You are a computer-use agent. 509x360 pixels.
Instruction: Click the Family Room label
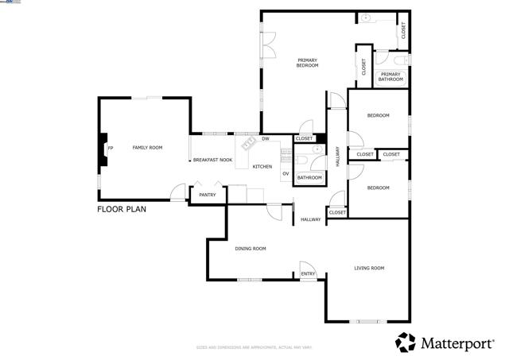tap(147, 148)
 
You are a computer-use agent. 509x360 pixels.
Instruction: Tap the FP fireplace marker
tap(111, 149)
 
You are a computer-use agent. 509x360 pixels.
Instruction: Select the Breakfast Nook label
tap(212, 161)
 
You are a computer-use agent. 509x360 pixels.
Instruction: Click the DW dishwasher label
tap(266, 139)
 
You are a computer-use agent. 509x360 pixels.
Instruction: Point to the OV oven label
tap(285, 172)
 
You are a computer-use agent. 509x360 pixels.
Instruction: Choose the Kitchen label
tap(262, 167)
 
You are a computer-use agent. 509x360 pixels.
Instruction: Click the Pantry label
tap(208, 195)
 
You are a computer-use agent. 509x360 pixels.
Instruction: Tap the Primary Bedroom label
tap(308, 63)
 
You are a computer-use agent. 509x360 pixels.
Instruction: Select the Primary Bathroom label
tap(390, 77)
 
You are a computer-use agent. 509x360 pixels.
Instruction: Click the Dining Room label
tap(251, 249)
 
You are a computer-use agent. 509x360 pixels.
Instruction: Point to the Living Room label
tap(369, 269)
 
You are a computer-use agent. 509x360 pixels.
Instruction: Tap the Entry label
tap(308, 275)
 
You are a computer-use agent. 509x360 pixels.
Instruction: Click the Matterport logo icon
tap(406, 342)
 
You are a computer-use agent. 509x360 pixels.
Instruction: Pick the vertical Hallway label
tap(338, 154)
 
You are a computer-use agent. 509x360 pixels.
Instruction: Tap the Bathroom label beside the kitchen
tap(309, 177)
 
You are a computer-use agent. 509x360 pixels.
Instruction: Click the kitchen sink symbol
tap(247, 142)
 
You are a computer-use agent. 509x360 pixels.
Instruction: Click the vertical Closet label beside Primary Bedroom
tap(364, 68)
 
